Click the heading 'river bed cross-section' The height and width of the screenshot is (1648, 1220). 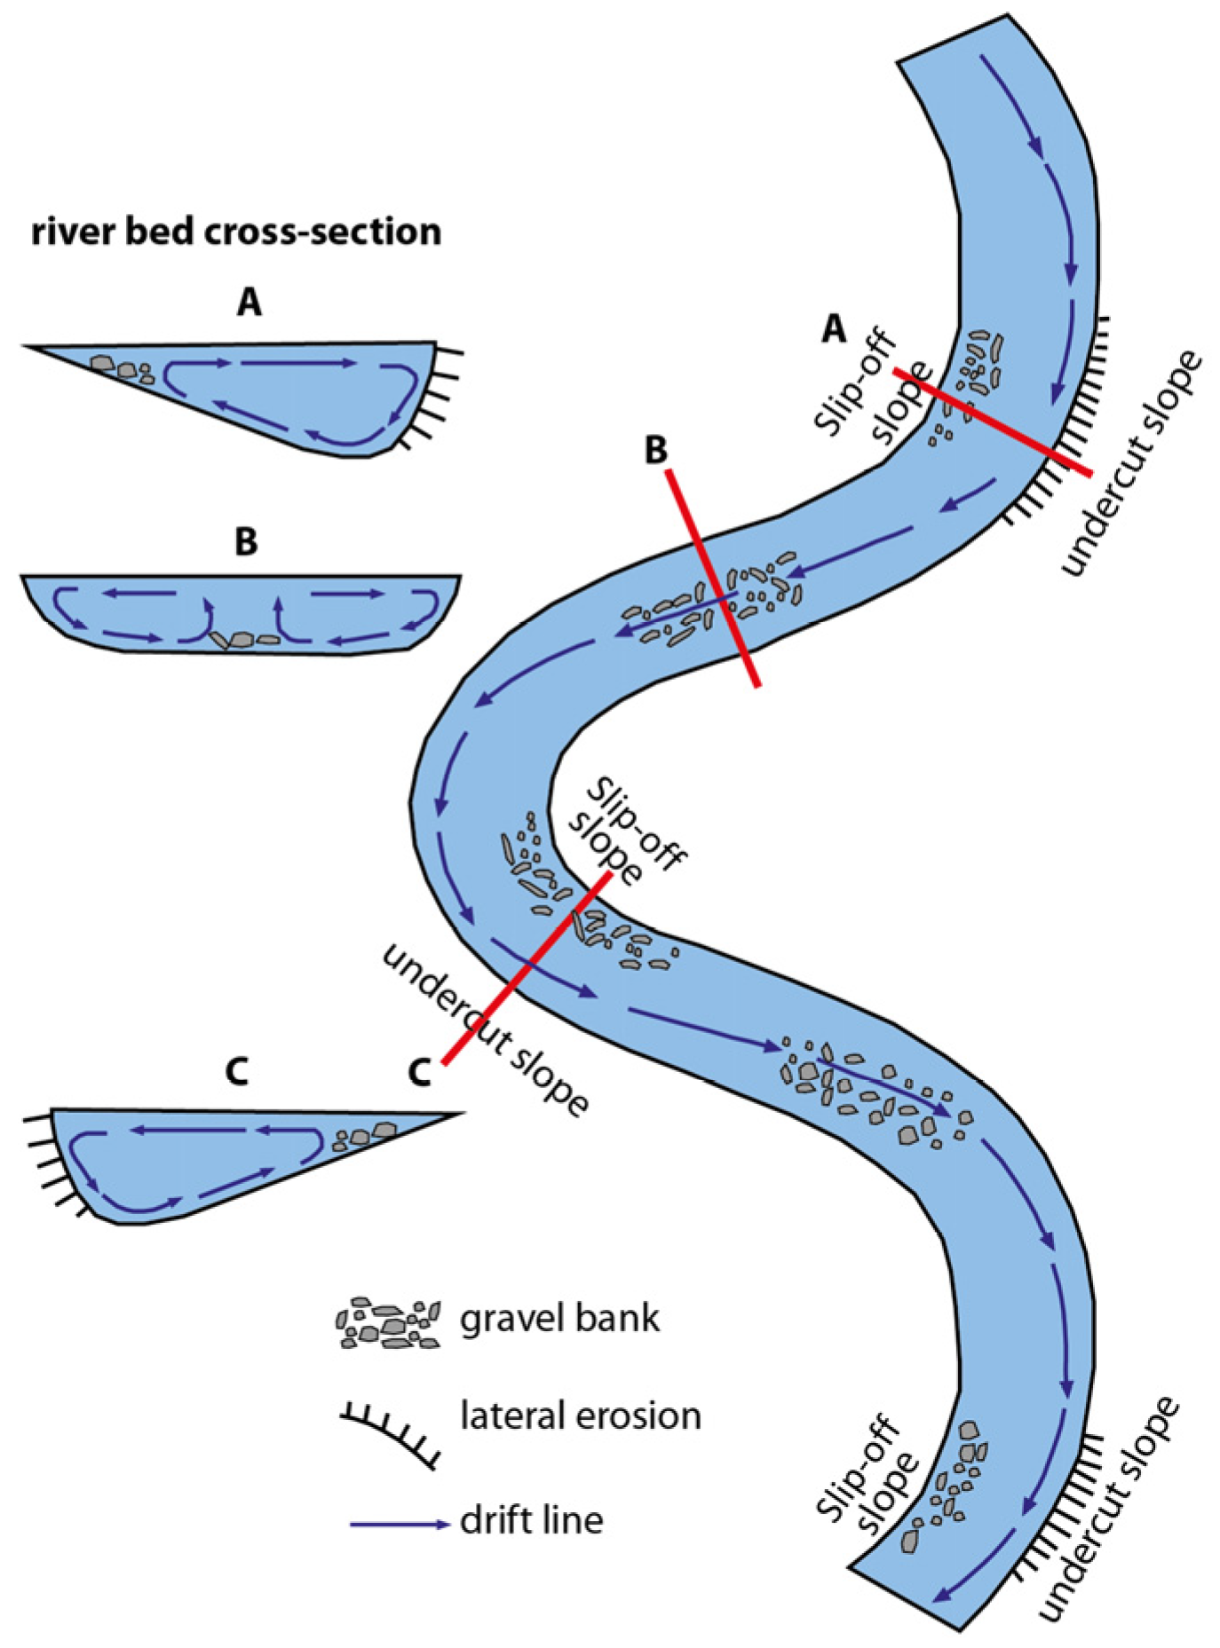point(236,232)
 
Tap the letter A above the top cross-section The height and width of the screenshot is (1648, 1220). point(250,304)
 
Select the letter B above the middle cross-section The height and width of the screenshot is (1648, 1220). point(246,540)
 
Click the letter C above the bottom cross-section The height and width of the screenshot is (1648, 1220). point(236,1072)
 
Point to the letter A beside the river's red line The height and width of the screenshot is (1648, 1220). point(833,329)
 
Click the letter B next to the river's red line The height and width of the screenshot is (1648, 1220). point(655,450)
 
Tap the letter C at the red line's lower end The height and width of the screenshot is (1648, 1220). point(419,1072)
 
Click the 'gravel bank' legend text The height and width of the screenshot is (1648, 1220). point(559,1318)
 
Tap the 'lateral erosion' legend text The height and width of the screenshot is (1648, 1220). point(580,1415)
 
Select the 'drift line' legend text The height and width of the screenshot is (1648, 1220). point(531,1520)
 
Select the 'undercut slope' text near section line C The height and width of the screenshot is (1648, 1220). point(485,1031)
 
